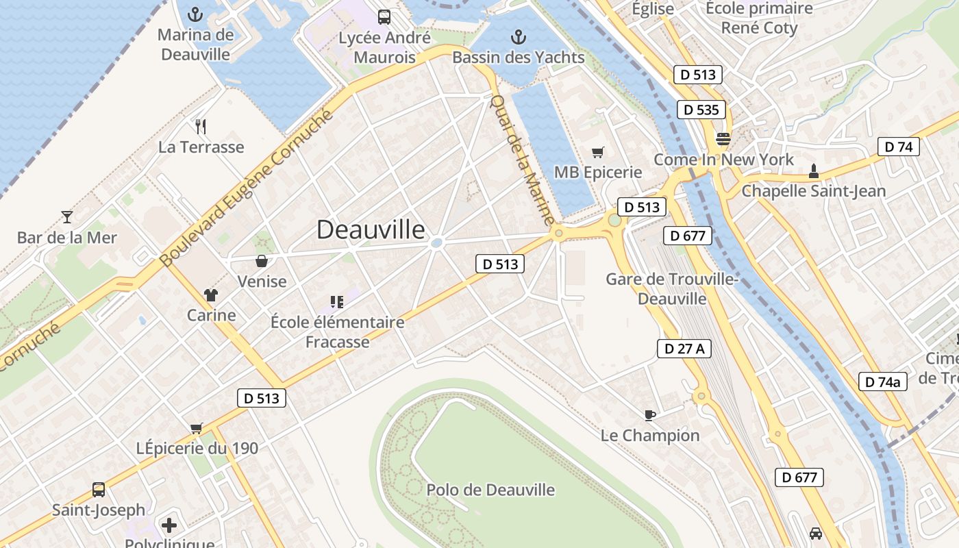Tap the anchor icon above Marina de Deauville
196,14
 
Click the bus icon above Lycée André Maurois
384,16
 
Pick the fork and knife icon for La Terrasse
201,126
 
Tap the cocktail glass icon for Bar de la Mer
67,217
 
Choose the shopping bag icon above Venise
262,260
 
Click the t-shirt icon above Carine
210,295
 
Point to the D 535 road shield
702,110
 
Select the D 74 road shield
899,147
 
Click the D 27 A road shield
684,349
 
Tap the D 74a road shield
883,382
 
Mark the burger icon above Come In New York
723,139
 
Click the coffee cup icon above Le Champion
650,414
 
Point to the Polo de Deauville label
490,490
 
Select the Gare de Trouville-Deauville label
671,289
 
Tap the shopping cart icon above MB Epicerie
598,152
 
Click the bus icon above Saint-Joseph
99,490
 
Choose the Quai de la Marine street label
523,160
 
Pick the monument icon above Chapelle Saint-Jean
814,171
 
